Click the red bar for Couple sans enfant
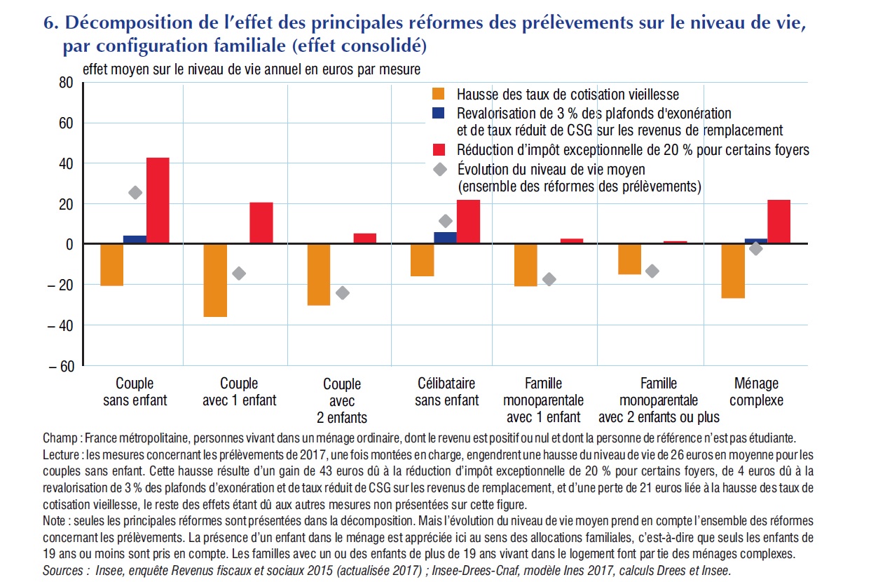tap(158, 201)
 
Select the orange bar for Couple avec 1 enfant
tap(215, 280)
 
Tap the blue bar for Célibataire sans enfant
tap(445, 238)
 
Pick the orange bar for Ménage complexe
tap(733, 271)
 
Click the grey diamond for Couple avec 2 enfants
tap(343, 292)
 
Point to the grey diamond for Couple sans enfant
tap(135, 193)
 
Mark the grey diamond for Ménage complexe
tap(756, 249)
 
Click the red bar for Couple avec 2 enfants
tap(365, 238)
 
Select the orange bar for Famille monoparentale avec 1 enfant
tap(526, 265)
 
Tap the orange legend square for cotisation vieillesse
tap(438, 94)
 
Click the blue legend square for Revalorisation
tap(438, 113)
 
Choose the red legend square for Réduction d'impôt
tap(439, 150)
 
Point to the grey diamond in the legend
tap(440, 169)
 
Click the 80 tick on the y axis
tap(66, 83)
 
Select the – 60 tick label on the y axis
tap(61, 366)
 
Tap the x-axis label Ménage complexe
tap(756, 392)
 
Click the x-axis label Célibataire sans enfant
tap(447, 392)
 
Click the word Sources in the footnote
tap(63, 571)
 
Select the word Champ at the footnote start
tap(60, 438)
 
